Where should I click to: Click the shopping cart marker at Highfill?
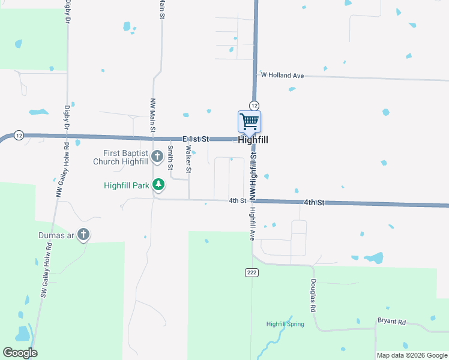tap(249, 122)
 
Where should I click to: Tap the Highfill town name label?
tap(253, 140)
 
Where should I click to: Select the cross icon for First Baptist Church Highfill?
tap(157, 157)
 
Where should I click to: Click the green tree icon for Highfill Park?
tap(158, 185)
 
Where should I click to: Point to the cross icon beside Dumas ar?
tap(83, 235)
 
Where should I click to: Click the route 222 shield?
tap(252, 272)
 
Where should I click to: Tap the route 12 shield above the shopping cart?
tap(255, 106)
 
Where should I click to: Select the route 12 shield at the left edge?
tap(19, 135)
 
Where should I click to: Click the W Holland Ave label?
tap(282, 75)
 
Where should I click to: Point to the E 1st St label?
tap(196, 139)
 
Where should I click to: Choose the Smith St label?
tap(170, 157)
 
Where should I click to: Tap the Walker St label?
tap(188, 159)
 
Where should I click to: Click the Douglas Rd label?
tap(313, 296)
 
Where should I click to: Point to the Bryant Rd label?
tap(391, 322)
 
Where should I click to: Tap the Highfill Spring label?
tap(285, 324)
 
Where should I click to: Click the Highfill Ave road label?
tap(253, 223)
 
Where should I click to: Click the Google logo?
tap(20, 353)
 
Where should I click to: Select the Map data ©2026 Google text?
tap(412, 355)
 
